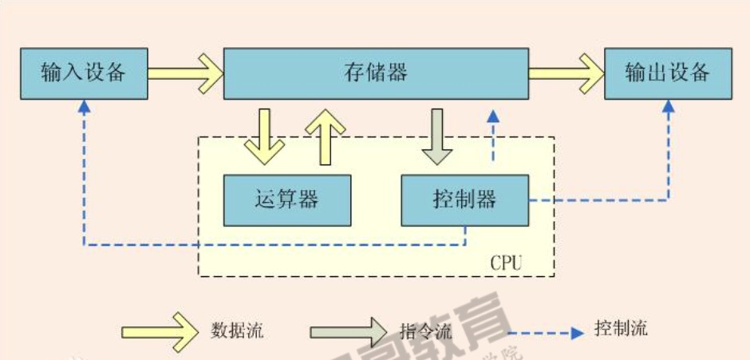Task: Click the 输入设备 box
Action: point(84,73)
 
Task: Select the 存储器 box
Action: point(375,73)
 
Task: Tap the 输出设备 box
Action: point(668,73)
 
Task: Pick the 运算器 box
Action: point(287,199)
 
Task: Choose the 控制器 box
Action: point(464,199)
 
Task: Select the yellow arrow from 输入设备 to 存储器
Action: point(185,73)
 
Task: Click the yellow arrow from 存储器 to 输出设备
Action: point(566,73)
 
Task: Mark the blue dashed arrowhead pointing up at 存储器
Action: point(494,117)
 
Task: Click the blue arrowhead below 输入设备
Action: point(83,107)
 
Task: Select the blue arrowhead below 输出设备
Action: point(669,107)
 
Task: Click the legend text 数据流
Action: point(237,330)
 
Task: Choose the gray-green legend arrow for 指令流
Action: point(348,330)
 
